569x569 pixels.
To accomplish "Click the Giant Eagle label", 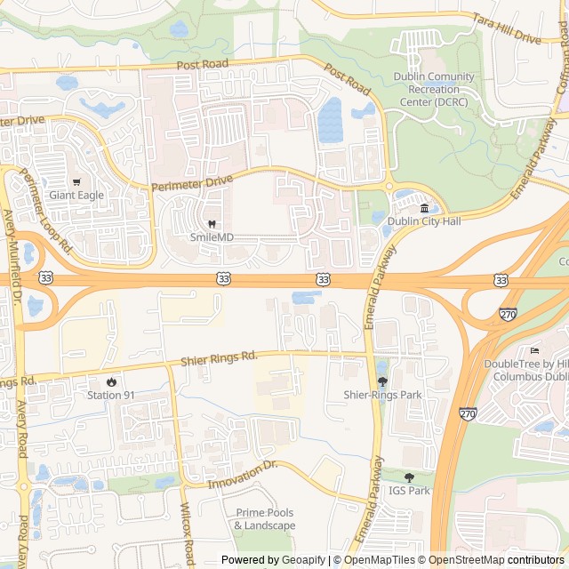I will [x=76, y=196].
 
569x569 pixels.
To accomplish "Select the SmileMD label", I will [x=212, y=237].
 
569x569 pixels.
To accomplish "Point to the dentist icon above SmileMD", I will [x=212, y=224].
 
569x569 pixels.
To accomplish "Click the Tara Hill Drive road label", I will [x=507, y=29].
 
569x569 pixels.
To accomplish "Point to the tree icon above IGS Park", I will [x=409, y=477].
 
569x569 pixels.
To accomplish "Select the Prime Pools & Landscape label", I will [x=265, y=519].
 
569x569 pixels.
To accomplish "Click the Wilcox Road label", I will [x=186, y=526].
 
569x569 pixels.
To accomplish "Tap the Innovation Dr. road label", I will [x=244, y=474].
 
